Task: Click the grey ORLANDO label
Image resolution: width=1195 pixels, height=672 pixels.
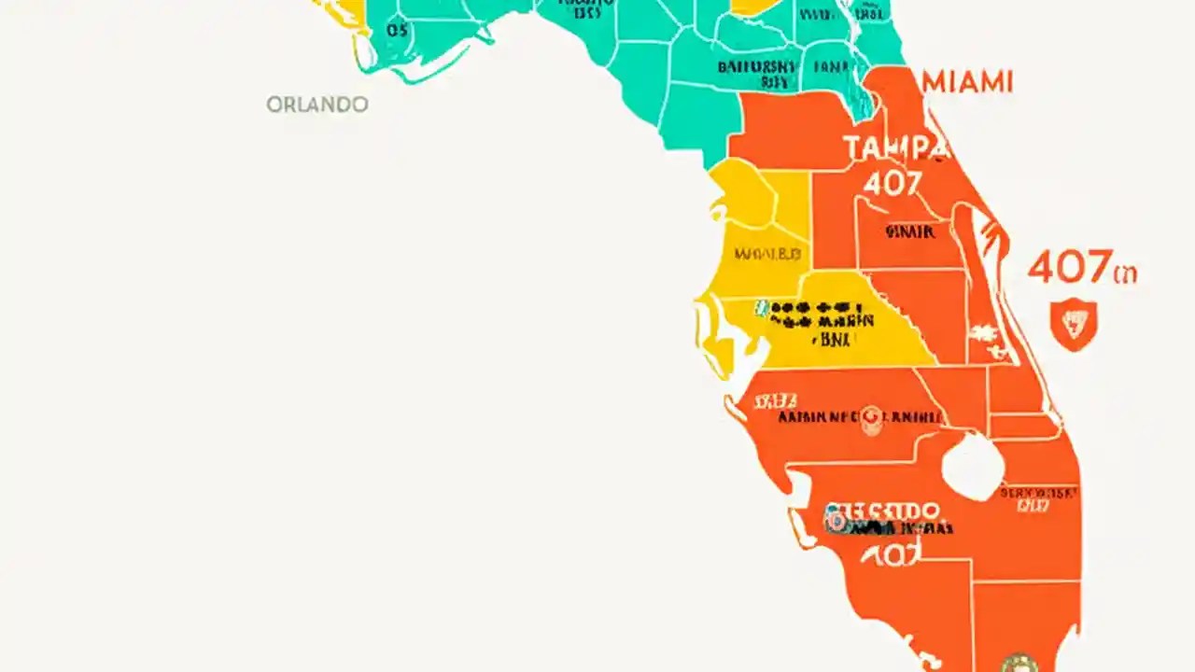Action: click(x=317, y=105)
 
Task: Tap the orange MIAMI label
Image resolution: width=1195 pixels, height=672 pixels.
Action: click(x=967, y=82)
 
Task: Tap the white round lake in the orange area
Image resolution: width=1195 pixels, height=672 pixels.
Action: click(x=973, y=465)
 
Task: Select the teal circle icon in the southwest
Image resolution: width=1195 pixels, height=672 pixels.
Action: click(x=834, y=521)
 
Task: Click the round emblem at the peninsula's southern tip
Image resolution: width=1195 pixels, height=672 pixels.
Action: click(x=1018, y=663)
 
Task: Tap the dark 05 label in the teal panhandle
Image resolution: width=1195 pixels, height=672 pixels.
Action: click(x=397, y=31)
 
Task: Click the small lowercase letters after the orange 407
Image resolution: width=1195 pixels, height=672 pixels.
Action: click(x=1125, y=273)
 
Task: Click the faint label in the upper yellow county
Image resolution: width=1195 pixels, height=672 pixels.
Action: click(x=767, y=253)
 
